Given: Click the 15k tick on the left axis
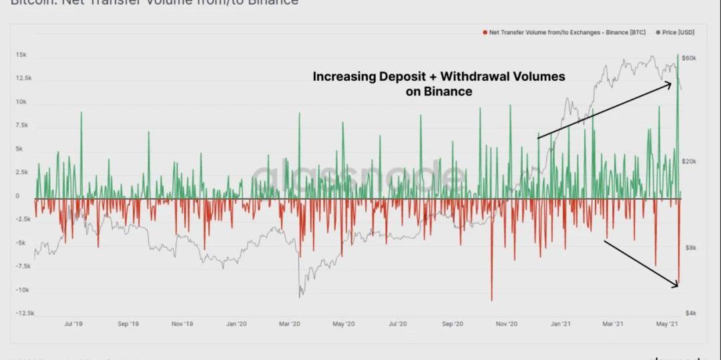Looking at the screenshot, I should click(x=21, y=55).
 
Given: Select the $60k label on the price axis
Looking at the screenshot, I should click(x=690, y=58).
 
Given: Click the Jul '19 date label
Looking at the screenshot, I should click(x=73, y=324).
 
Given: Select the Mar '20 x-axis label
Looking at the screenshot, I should click(x=289, y=324).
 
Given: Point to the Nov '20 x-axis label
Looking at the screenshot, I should click(x=507, y=324).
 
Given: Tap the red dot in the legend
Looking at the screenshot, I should click(x=484, y=31).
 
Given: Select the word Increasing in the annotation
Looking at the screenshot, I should click(x=344, y=76).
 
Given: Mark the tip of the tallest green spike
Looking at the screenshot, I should click(x=678, y=55).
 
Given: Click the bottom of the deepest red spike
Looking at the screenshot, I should click(x=492, y=301).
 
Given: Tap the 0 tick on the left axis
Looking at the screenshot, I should click(x=18, y=196).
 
